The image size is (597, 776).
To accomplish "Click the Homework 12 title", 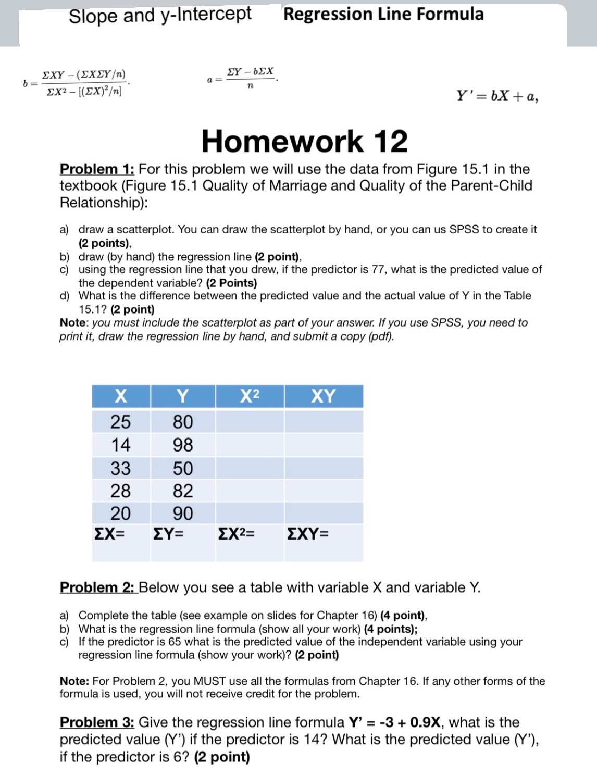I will point(304,142).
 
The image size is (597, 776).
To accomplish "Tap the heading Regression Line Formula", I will point(383,14).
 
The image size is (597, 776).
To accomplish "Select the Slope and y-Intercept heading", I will point(160,15).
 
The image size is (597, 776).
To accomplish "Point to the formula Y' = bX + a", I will point(497,96).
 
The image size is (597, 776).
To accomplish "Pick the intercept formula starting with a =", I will point(242,78).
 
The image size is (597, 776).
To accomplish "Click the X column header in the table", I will point(120,396).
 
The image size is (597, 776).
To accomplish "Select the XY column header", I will point(323,396).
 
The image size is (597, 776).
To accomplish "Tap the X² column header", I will point(250,396).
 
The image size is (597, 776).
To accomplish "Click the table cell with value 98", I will point(182,445).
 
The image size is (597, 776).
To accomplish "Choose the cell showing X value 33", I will point(120,468).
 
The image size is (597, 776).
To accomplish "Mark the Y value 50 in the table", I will point(182,468).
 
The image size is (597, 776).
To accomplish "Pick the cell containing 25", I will point(120,421).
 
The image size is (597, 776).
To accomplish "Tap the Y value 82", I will point(182,491).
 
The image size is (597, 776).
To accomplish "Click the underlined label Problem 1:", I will point(97,169).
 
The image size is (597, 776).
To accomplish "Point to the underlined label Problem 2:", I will point(97,587).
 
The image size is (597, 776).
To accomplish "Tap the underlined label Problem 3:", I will point(97,722).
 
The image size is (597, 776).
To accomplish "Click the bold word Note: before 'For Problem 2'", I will point(74,681).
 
